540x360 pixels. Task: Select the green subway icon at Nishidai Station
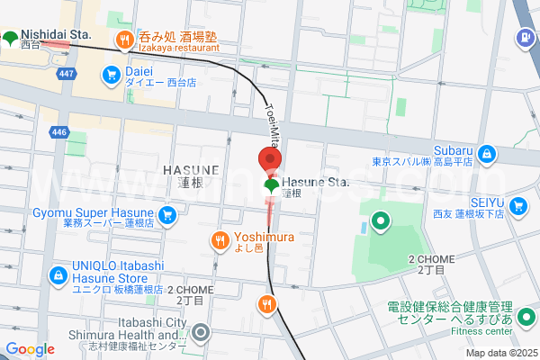pos(9,38)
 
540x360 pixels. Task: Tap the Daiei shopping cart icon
pos(112,74)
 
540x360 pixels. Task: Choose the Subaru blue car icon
pos(487,155)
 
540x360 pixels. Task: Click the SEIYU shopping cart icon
pos(517,207)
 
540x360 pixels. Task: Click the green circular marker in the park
pos(380,219)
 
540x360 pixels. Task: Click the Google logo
pos(30,349)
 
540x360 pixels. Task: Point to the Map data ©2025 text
pos(499,353)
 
